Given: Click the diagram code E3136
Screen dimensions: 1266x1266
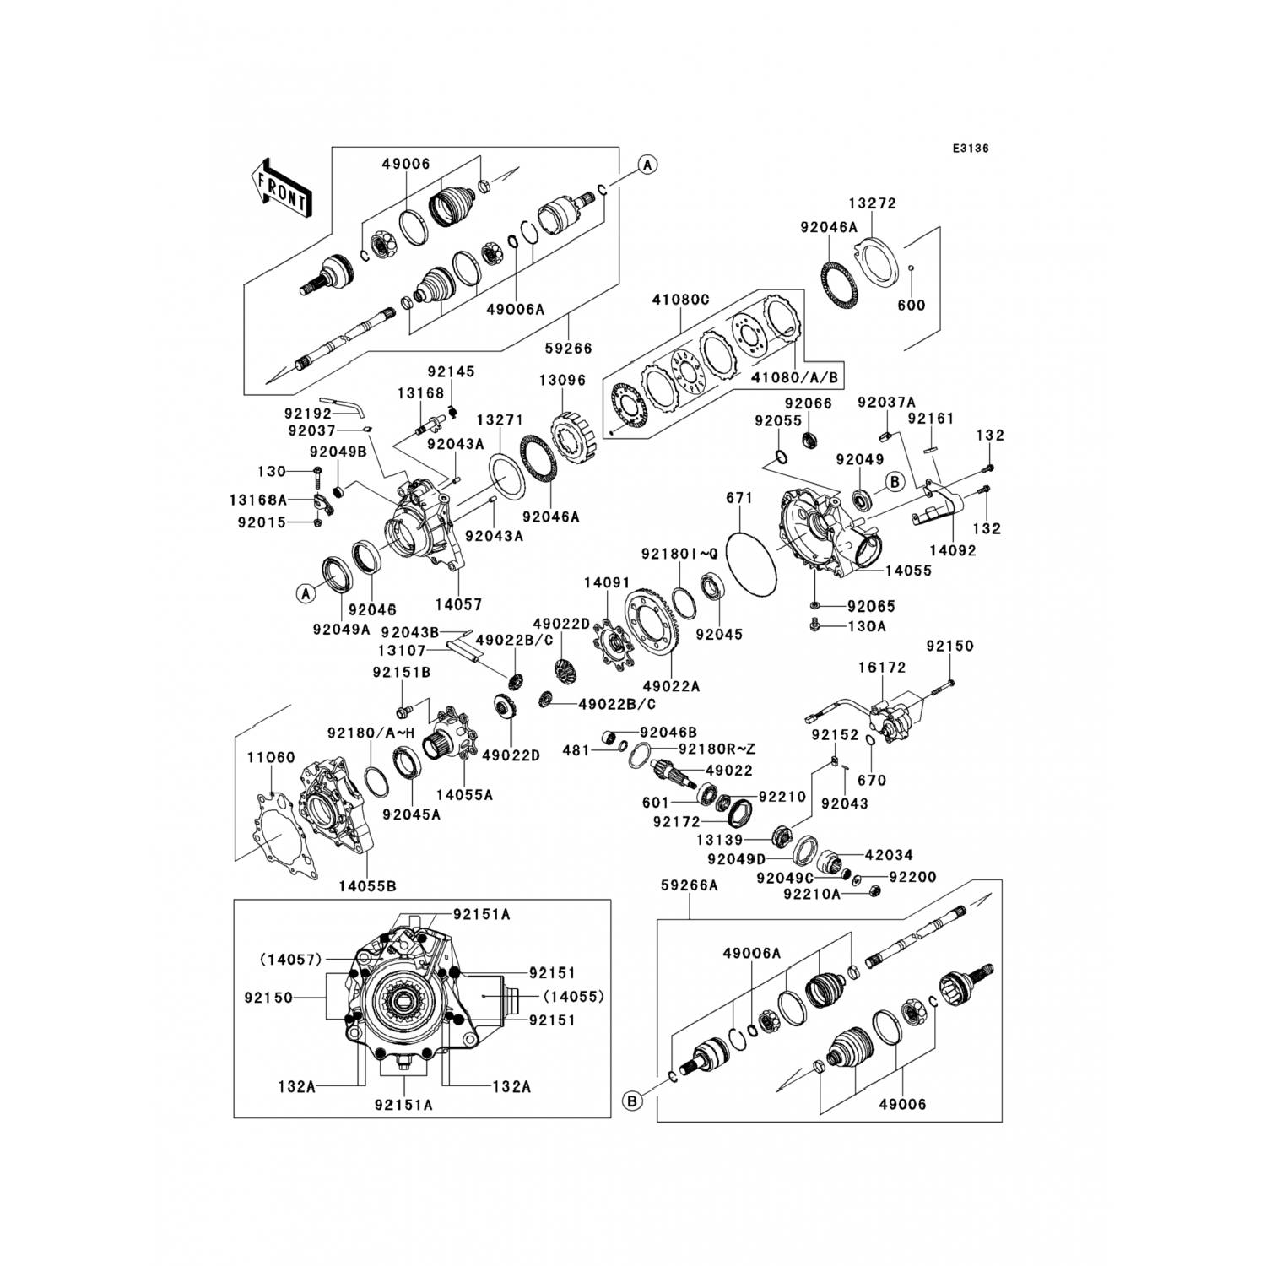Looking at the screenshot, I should pos(970,149).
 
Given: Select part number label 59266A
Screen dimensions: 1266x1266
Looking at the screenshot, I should pos(689,885).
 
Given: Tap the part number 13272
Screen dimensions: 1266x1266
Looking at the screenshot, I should pos(872,203).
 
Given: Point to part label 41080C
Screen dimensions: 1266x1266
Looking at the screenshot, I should pos(681,300).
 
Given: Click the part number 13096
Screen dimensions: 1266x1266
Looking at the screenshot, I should pos(562,381).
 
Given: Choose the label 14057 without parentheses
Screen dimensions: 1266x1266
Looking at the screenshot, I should pos(458,604).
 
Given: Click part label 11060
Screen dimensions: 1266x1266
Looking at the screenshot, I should pos(271,757).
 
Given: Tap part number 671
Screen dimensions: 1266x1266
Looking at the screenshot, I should pos(738,499).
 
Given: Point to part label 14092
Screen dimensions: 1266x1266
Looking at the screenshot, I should pos(952,550).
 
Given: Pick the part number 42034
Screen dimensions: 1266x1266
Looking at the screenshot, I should pos(889,855).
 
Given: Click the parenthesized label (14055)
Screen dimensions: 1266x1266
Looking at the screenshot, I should pos(573,996).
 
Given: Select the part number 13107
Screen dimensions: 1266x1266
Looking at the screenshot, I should pos(401,650).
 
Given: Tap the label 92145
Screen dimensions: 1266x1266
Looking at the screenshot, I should pos(451,371).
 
